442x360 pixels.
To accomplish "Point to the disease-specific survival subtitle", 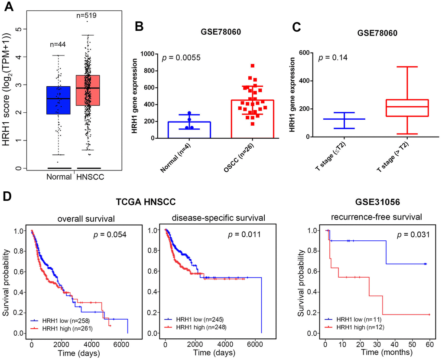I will coord(208,217).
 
